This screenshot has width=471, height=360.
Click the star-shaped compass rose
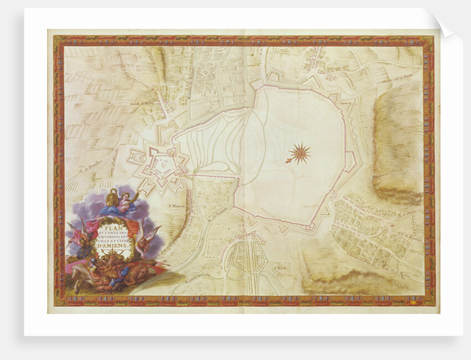[x=300, y=153]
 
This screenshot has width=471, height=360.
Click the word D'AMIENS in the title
[x=115, y=250]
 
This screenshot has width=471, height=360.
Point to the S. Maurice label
[x=176, y=210]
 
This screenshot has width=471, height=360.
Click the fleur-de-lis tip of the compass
[x=288, y=161]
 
